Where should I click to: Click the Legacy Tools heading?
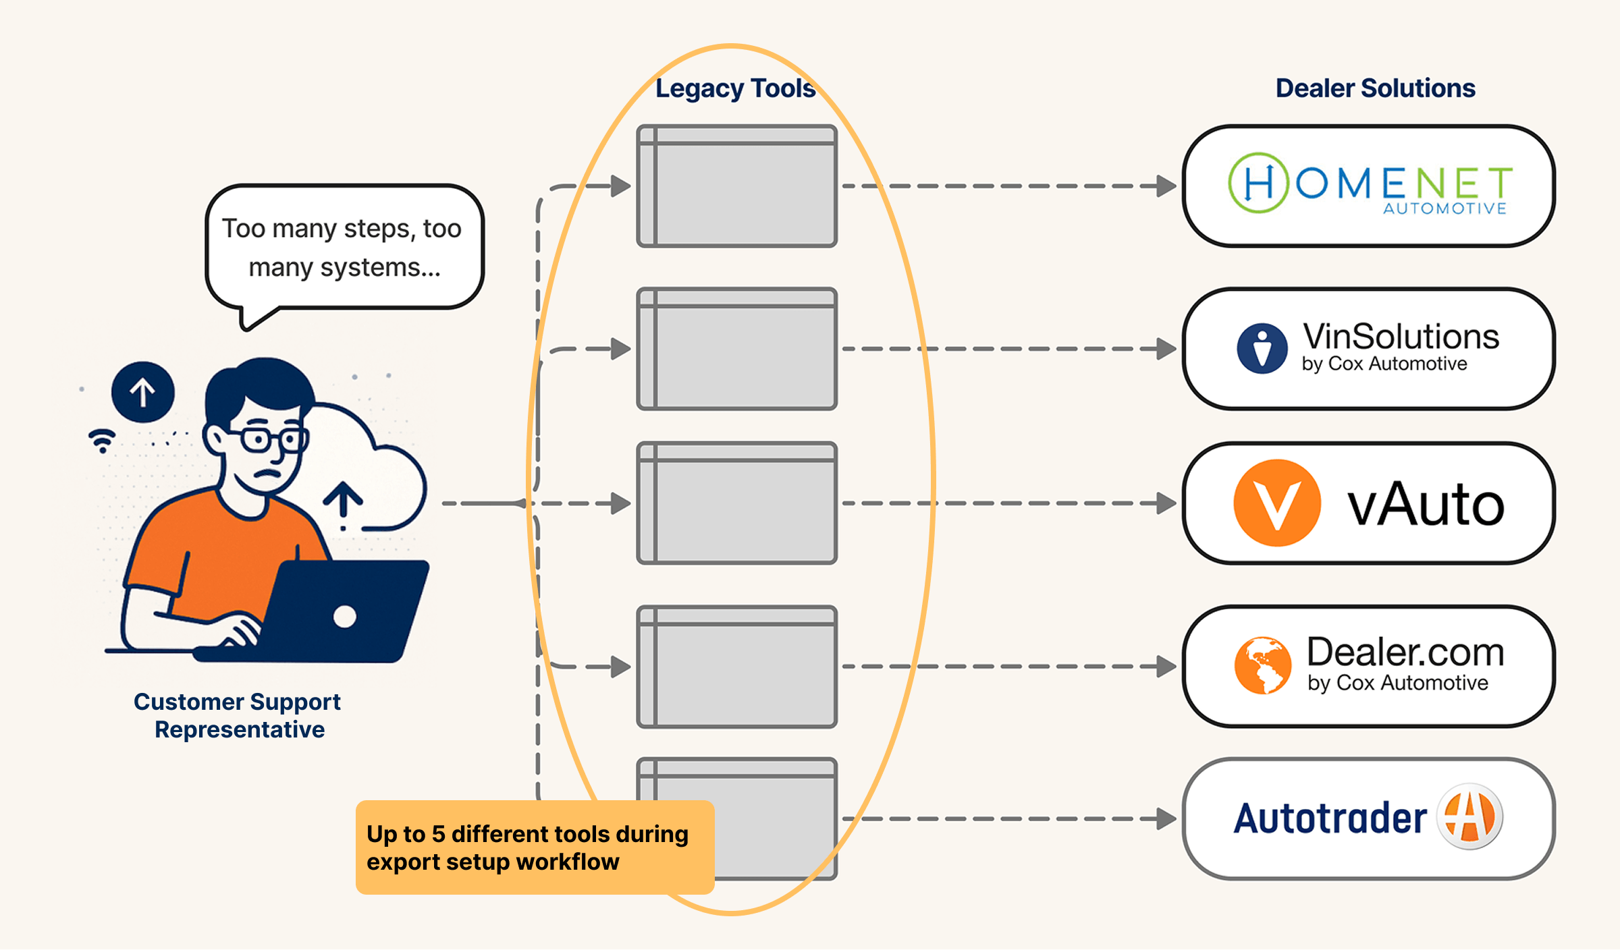[x=735, y=88]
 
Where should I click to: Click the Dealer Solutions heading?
[x=1375, y=88]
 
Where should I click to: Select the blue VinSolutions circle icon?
[x=1262, y=348]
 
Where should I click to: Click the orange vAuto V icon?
[x=1276, y=503]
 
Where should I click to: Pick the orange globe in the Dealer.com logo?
[x=1262, y=665]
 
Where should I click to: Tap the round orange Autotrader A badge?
[x=1469, y=817]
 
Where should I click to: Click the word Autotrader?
[x=1330, y=818]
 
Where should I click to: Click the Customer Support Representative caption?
[x=238, y=715]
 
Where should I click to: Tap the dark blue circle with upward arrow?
[x=143, y=392]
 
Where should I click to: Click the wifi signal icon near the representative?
[x=102, y=440]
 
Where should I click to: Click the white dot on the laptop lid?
[x=345, y=616]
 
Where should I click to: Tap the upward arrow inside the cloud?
[x=343, y=501]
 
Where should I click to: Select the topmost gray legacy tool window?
[x=737, y=186]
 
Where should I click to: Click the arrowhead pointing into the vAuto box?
[x=1166, y=503]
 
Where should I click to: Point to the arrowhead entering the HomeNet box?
[x=1166, y=186]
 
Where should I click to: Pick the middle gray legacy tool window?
[x=737, y=503]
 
